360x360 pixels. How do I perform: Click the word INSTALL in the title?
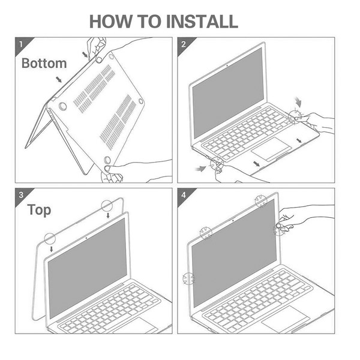(x=202, y=22)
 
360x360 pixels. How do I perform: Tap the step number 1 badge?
(x=21, y=44)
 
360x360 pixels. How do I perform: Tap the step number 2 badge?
(x=184, y=44)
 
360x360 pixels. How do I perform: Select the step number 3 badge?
(x=21, y=195)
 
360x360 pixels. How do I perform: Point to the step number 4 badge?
(x=184, y=195)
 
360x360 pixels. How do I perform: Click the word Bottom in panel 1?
(x=44, y=63)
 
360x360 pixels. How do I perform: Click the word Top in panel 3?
(x=39, y=210)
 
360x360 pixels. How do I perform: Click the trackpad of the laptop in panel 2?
(x=271, y=149)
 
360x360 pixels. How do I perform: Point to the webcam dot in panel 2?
(x=227, y=65)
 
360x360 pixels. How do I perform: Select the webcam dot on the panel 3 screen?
(x=86, y=238)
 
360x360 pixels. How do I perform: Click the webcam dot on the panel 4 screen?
(x=233, y=220)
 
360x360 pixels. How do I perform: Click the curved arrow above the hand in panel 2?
(x=298, y=102)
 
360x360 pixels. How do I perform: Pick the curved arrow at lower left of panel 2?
(x=200, y=169)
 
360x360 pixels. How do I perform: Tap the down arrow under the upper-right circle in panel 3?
(x=108, y=215)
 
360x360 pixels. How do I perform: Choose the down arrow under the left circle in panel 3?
(x=52, y=249)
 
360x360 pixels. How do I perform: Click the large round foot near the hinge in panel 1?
(x=62, y=106)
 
